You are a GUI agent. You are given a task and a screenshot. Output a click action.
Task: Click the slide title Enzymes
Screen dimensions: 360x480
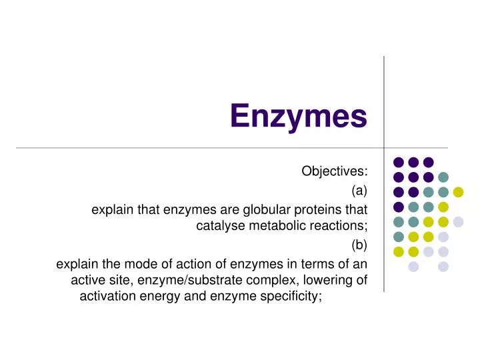point(299,116)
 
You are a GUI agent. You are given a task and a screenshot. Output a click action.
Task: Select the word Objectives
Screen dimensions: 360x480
point(334,171)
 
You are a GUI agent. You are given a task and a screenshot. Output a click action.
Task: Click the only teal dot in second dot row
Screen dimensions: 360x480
point(443,177)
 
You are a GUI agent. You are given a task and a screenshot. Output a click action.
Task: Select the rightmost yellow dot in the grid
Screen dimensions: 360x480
point(458,192)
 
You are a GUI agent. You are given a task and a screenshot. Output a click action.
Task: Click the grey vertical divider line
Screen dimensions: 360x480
point(384,100)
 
